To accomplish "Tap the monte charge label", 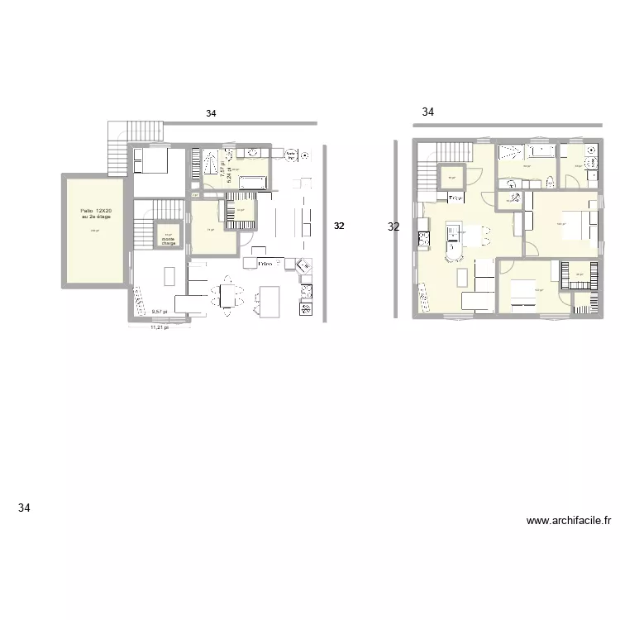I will [169, 241].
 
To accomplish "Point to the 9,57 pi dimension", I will [159, 312].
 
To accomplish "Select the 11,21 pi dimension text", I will [158, 327].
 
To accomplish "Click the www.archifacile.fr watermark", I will [569, 521].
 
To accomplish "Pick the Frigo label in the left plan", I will [265, 264].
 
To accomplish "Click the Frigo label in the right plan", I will [455, 198].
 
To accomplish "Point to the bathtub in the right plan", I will [541, 151].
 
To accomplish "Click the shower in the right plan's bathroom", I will [511, 151].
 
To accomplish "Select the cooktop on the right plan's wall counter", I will [424, 239].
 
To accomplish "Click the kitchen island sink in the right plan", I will [452, 239].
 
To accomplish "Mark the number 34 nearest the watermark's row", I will [24, 508].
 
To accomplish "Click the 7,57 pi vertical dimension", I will [222, 165].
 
